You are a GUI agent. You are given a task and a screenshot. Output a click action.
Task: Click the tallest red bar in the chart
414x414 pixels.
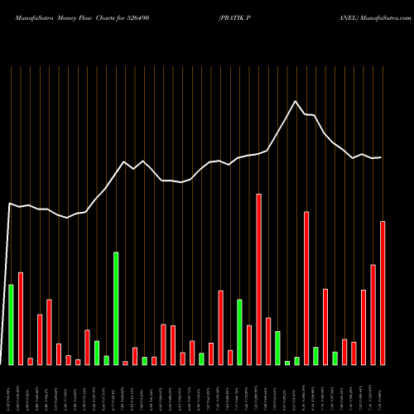tap(259, 279)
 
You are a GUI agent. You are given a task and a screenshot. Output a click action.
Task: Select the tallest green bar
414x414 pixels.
tap(116, 308)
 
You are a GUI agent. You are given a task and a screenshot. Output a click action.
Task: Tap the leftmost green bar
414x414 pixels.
tap(11, 324)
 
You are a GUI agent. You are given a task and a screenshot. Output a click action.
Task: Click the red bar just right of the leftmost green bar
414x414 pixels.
tap(21, 318)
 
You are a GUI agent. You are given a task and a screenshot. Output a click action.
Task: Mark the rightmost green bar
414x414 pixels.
tap(358, 358)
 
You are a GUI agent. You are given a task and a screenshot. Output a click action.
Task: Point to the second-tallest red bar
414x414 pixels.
tap(306, 287)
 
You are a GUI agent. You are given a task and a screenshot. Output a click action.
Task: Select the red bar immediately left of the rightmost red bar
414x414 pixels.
tap(373, 314)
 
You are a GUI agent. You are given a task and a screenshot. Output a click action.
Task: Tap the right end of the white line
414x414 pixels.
tap(381, 157)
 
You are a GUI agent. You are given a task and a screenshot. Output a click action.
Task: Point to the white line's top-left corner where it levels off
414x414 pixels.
tap(10, 203)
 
